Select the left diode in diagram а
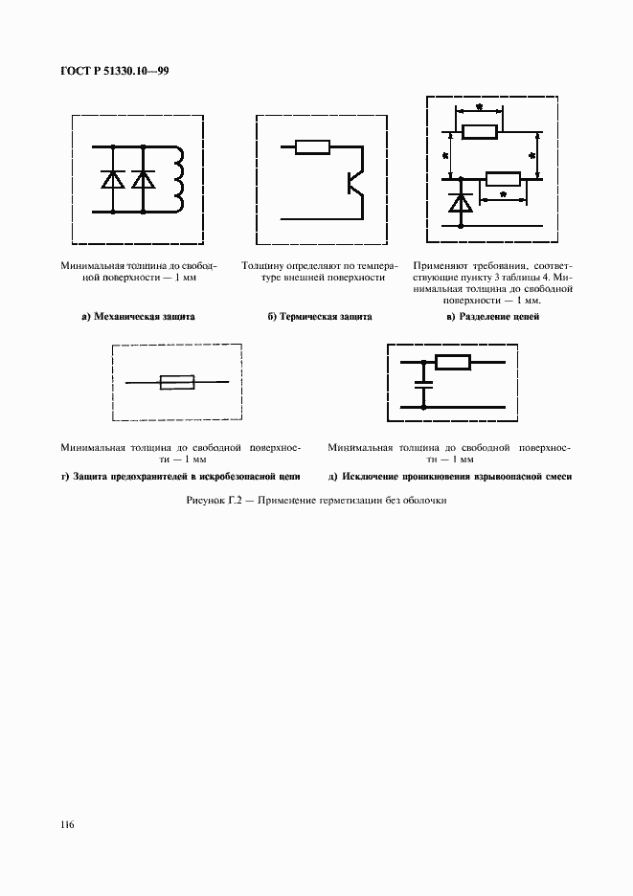coord(115,178)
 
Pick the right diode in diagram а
coord(144,178)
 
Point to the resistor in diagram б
coord(312,147)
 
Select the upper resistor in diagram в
coord(479,133)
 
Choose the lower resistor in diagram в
coord(503,178)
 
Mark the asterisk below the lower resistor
coord(504,197)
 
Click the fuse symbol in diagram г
coord(177,382)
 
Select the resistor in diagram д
coord(452,362)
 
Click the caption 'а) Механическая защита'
coord(138,316)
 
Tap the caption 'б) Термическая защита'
coord(319,316)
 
